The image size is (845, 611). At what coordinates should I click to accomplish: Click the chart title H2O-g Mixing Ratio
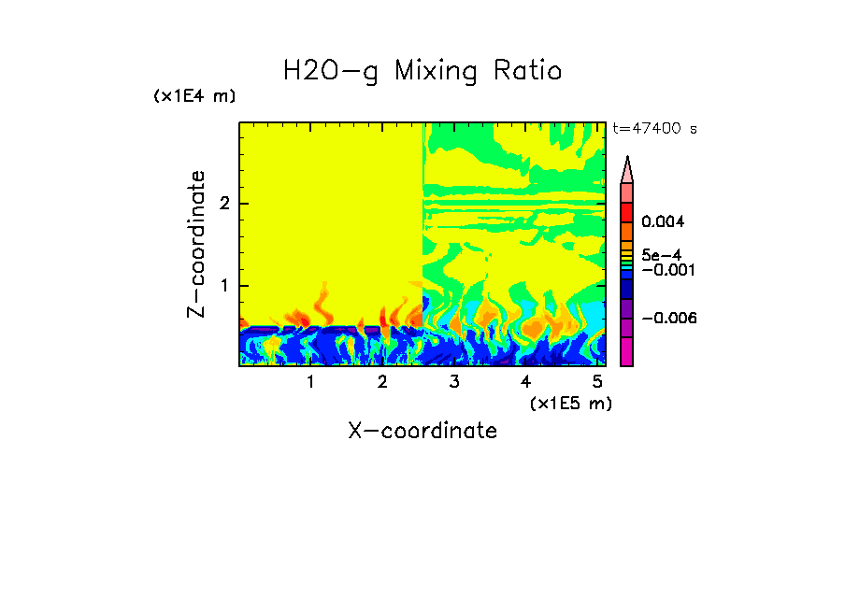[422, 71]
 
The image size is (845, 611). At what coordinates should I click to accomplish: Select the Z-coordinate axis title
[196, 243]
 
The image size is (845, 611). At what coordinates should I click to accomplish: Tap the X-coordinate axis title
[422, 431]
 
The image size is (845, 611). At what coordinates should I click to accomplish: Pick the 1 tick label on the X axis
[310, 382]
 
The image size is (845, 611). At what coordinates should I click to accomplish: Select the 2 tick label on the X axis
[382, 382]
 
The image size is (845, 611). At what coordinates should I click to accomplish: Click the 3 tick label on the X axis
[454, 382]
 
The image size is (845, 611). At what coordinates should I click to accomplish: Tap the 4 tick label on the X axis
[525, 382]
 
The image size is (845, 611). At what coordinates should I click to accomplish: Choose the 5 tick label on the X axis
[597, 382]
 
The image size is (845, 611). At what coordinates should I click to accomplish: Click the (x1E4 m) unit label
[194, 96]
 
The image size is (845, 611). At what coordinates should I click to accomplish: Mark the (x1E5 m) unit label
[571, 403]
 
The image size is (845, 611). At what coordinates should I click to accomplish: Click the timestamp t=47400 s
[654, 129]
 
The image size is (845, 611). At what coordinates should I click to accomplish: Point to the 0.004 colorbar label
[663, 222]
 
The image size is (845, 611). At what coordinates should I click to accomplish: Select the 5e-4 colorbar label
[661, 254]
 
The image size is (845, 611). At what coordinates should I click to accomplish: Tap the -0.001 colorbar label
[666, 269]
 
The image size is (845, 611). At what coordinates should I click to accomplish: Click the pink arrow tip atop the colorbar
[627, 168]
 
